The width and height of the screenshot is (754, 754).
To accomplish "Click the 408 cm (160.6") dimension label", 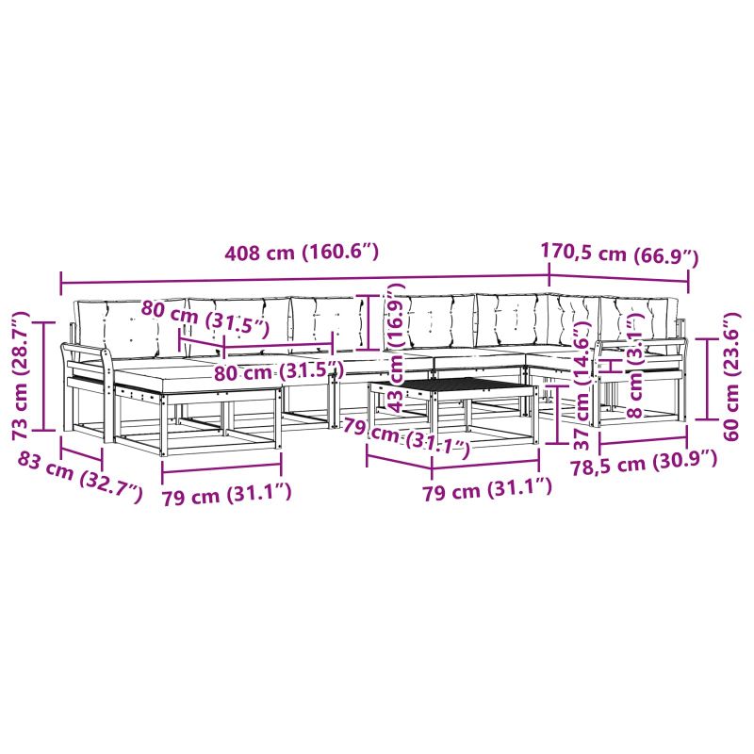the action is tap(302, 252).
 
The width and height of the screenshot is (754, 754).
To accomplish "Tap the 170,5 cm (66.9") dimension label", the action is tap(619, 254).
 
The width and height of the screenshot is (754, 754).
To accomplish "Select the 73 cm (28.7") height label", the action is tap(21, 375).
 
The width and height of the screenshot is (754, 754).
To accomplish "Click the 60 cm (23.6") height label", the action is tap(731, 376).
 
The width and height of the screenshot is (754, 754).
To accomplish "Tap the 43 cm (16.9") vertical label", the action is tap(396, 348).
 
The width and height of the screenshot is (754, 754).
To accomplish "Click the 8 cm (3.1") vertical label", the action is tap(635, 364).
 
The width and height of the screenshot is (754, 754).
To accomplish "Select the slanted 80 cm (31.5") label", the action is tap(205, 319).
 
